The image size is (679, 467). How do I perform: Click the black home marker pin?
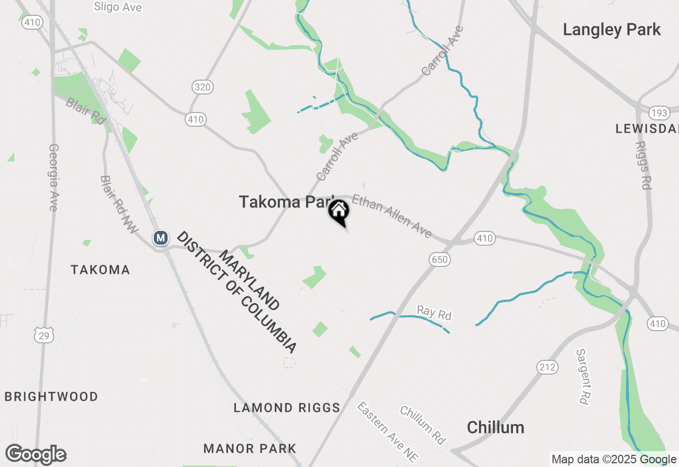(x=339, y=212)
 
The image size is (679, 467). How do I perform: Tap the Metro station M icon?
(x=160, y=238)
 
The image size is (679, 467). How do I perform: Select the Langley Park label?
(x=612, y=30)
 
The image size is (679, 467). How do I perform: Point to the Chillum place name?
(x=495, y=427)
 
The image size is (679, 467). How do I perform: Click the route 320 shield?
(x=203, y=87)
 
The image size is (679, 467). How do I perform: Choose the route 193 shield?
(x=659, y=113)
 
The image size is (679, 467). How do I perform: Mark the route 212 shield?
(x=547, y=367)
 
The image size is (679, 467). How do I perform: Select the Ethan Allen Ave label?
(x=391, y=216)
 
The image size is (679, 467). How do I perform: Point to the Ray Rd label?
(x=434, y=313)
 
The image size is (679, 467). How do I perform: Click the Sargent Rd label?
(x=582, y=377)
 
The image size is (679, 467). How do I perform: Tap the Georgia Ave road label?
(x=53, y=177)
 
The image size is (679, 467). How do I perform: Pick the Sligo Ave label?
(x=117, y=6)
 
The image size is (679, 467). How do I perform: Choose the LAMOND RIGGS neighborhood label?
(x=287, y=408)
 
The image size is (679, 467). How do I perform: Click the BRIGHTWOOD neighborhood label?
(x=51, y=396)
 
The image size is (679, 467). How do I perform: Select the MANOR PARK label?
(x=250, y=448)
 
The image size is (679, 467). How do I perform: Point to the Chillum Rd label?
(x=423, y=425)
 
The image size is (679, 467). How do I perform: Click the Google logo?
(x=36, y=455)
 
